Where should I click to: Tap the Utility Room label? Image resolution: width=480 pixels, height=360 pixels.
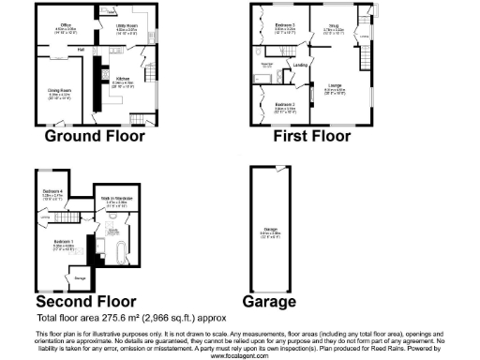(x=127, y=27)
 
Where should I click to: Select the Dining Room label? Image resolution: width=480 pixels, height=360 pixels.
(x=60, y=91)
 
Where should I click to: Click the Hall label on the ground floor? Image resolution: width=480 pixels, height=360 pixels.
(x=82, y=48)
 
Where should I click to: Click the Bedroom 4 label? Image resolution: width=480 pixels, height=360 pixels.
(x=52, y=192)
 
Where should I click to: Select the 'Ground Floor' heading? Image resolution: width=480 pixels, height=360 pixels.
(x=96, y=136)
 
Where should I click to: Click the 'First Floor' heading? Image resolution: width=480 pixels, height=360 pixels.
(x=312, y=136)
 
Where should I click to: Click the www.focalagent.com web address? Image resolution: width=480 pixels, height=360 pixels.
(x=240, y=356)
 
